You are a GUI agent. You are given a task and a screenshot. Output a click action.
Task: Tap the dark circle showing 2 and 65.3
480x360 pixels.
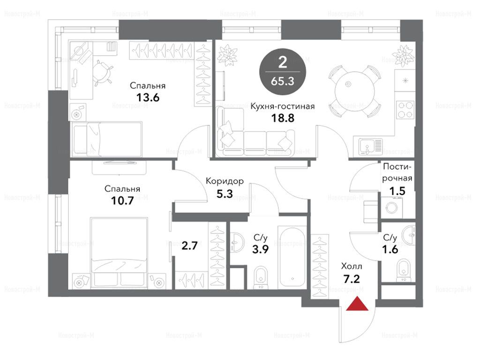click(x=283, y=71)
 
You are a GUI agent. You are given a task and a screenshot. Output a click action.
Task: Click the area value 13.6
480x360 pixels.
click(x=148, y=97)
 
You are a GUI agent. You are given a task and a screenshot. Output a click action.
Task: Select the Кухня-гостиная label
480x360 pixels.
click(x=282, y=106)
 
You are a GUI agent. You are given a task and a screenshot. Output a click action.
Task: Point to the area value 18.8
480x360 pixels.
click(x=283, y=118)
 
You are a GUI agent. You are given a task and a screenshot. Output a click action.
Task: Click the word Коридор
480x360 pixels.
click(x=225, y=181)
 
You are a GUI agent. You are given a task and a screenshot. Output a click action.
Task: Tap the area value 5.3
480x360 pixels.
click(x=225, y=194)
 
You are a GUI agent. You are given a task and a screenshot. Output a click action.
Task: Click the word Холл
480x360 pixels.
click(x=352, y=266)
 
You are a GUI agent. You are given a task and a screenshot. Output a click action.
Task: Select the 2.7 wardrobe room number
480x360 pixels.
click(x=189, y=246)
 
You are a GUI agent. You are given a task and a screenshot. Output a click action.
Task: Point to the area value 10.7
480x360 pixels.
click(x=122, y=201)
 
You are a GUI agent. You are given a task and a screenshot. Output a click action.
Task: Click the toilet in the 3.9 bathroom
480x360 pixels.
click(x=261, y=277)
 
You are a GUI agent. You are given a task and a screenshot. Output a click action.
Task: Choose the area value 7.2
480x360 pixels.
click(x=352, y=279)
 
